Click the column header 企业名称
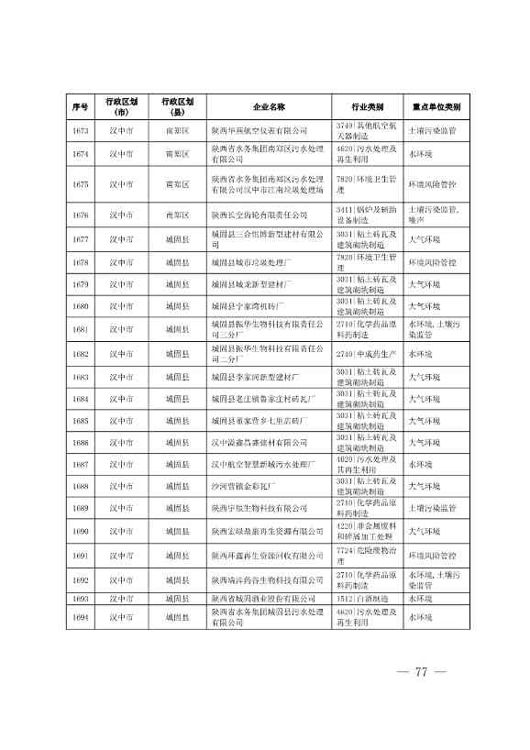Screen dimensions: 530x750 pyautogui.click(x=270, y=106)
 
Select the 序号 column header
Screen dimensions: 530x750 pyautogui.click(x=80, y=106)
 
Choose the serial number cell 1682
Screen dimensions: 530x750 pyautogui.click(x=80, y=353)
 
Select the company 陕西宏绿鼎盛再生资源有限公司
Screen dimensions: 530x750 pyautogui.click(x=268, y=531)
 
